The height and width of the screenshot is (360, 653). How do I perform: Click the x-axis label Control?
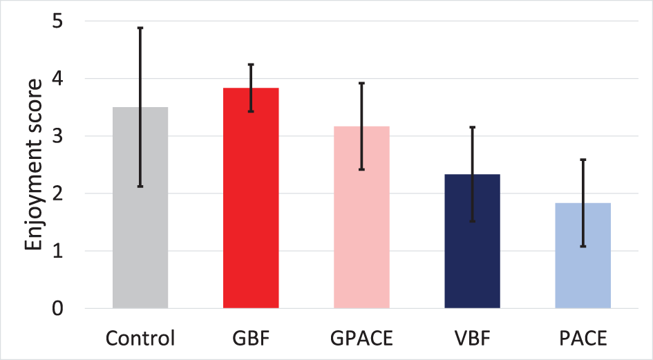140,339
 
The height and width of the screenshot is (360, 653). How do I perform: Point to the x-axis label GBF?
251,339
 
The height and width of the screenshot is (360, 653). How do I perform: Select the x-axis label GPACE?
361,339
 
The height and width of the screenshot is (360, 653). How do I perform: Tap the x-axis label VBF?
472,339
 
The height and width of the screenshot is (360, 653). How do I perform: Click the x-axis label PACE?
583,339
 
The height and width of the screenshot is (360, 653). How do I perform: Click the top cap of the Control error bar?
140,28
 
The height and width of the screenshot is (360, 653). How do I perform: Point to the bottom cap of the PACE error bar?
583,246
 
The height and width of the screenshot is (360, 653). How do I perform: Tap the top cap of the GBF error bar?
251,64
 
